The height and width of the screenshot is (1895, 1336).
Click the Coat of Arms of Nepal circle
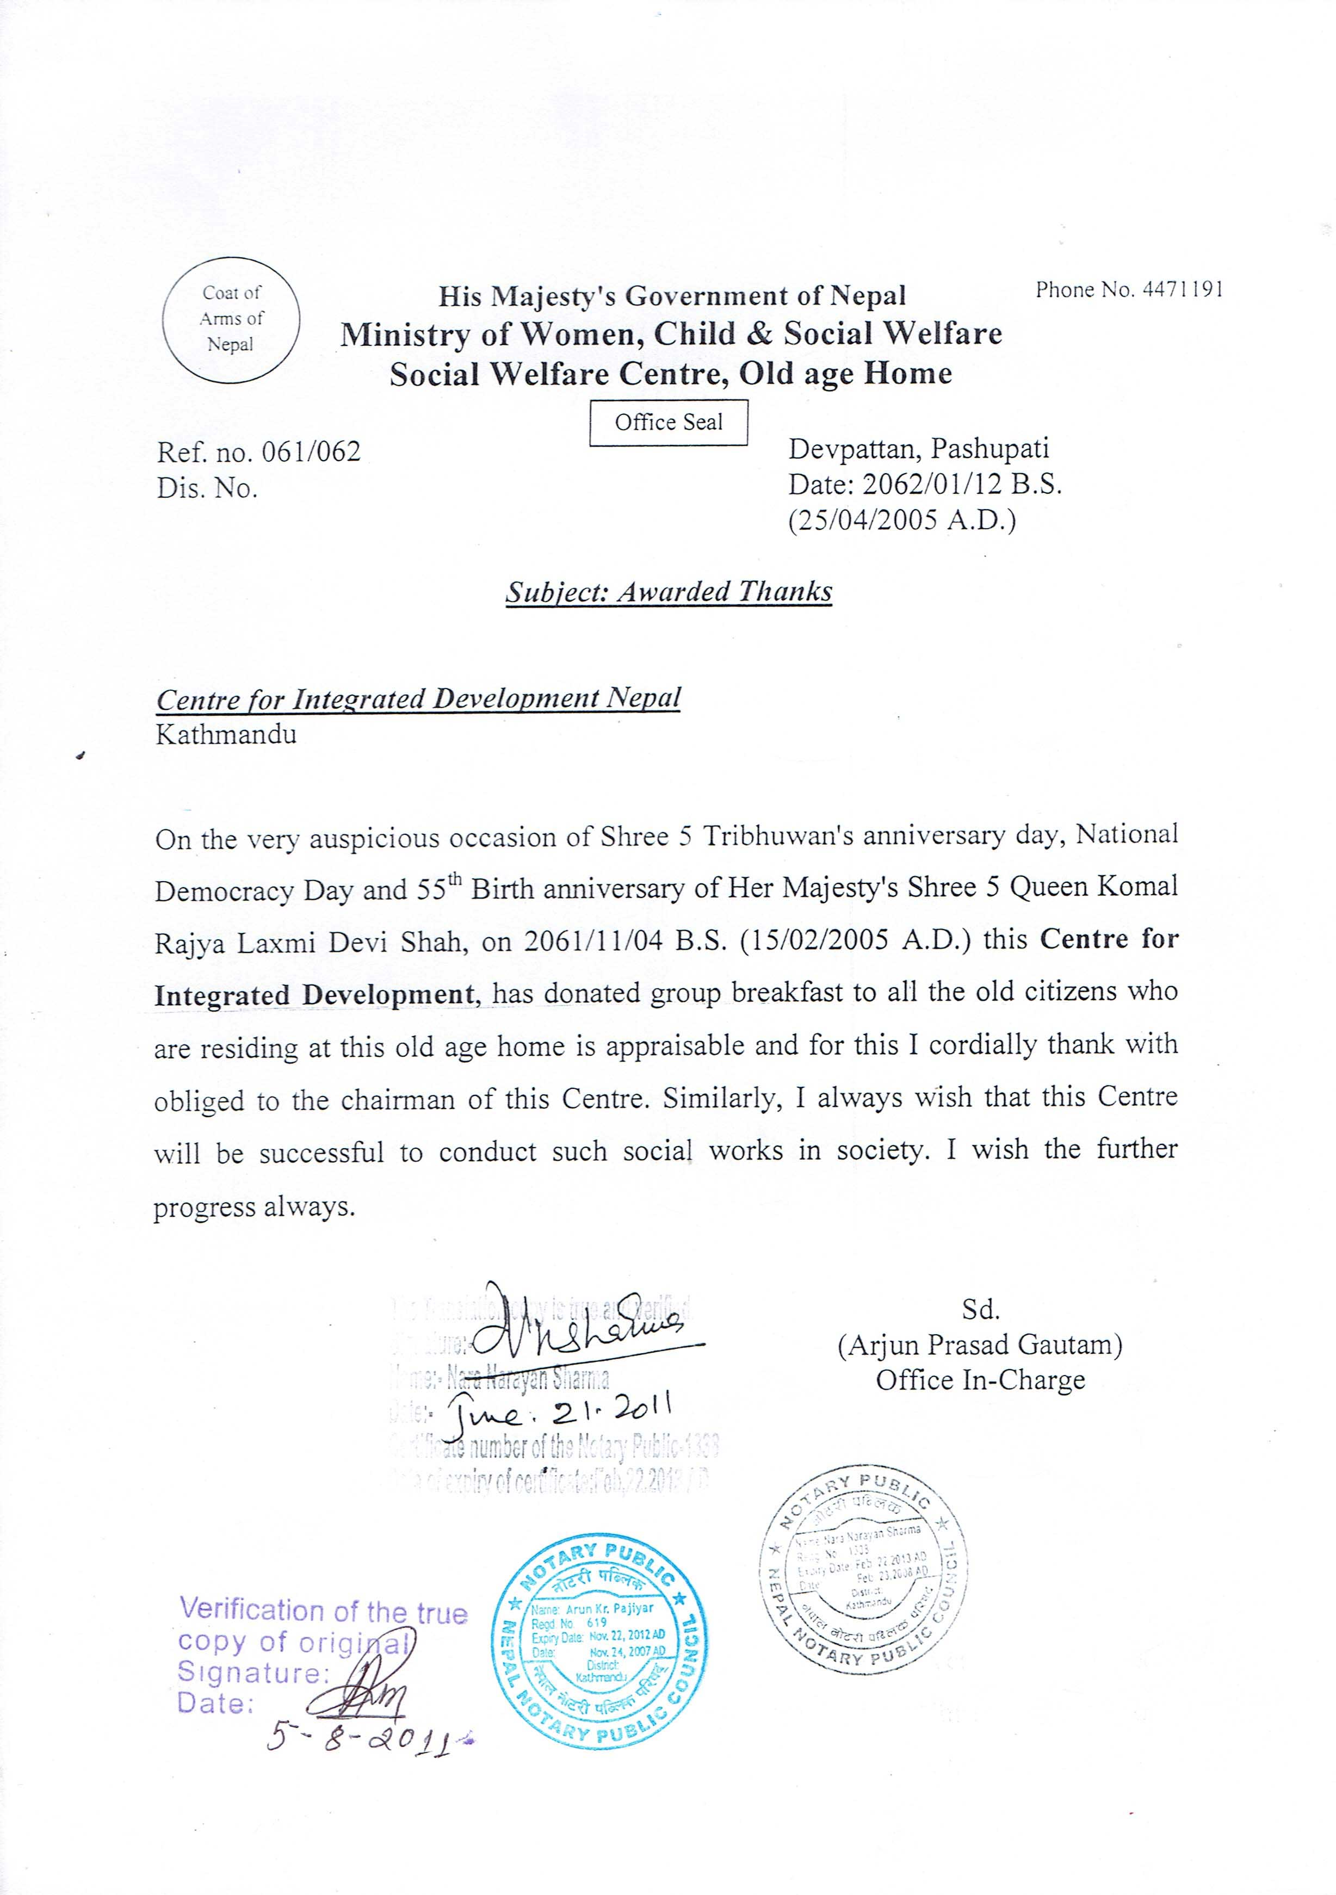[231, 319]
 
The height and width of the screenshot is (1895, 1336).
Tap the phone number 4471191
[1183, 290]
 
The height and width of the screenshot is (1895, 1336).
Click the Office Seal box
[669, 423]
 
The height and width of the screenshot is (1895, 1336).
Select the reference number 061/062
[310, 453]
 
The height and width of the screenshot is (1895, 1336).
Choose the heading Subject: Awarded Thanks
[669, 592]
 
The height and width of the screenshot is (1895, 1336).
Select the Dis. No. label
[207, 488]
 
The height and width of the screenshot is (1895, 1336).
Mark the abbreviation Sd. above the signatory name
[980, 1310]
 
